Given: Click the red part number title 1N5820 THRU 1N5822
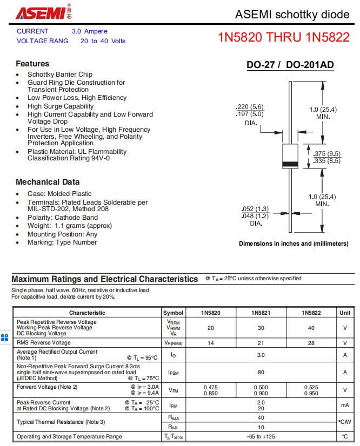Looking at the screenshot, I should [284, 38].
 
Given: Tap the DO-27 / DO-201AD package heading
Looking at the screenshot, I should [290, 65].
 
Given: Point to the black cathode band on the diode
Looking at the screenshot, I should [291, 164].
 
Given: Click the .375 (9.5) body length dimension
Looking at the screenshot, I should [327, 153].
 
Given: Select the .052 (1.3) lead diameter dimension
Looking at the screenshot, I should [255, 209].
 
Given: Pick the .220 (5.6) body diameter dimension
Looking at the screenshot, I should [250, 107].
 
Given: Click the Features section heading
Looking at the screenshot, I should [32, 64].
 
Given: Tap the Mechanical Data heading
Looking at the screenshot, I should [48, 182].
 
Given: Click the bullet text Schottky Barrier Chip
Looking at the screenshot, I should [60, 75].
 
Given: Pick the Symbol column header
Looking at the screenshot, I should [173, 313].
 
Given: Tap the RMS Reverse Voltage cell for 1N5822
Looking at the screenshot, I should [311, 343].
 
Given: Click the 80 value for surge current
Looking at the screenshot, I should [261, 372].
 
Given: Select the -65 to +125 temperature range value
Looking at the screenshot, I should [261, 436].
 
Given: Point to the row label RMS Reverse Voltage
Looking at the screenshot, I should [43, 343].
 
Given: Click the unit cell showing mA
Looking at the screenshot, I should [345, 405].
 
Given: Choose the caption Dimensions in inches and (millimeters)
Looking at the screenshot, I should [294, 244].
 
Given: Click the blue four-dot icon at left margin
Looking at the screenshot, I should [5, 338].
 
